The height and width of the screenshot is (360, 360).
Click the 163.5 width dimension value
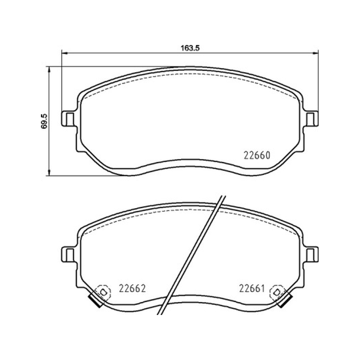[190, 48]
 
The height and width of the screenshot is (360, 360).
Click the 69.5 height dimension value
[44, 121]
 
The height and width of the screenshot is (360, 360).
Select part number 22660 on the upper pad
[257, 155]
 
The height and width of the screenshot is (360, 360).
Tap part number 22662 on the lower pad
[132, 288]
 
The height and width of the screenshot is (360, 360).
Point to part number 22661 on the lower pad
[252, 288]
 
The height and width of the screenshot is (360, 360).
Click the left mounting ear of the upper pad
[68, 119]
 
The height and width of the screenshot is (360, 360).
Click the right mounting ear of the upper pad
[311, 119]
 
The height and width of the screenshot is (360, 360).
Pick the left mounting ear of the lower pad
[68, 254]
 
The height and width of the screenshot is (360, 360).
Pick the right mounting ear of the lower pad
[311, 254]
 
